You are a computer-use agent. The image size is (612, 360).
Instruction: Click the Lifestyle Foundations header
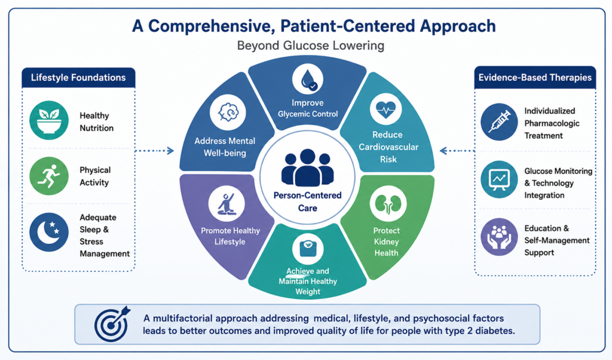point(78,77)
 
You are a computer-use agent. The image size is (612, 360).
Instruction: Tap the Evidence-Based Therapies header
point(535,77)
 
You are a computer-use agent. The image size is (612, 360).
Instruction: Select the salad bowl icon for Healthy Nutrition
point(49,120)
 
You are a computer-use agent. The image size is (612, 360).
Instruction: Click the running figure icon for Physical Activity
point(49,176)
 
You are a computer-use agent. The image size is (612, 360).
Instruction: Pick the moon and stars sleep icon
point(49,232)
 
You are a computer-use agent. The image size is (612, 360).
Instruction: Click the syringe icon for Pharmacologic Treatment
point(499,122)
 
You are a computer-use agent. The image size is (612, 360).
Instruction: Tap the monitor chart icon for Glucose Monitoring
point(499,179)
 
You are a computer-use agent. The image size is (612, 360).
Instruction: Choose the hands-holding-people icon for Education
point(499,237)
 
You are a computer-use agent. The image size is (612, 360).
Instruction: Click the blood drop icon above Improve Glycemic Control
point(308,80)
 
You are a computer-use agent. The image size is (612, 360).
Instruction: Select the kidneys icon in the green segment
point(388,203)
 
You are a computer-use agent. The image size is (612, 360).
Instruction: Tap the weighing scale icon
point(308,248)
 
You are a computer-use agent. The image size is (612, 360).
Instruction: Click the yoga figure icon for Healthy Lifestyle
point(227,203)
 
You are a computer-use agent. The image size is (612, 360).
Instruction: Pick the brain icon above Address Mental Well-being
point(228,112)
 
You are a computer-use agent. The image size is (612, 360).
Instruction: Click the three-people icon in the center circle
point(308,168)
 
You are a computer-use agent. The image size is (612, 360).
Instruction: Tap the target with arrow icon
point(112,324)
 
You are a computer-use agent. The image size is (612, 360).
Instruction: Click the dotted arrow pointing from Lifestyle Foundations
point(155,151)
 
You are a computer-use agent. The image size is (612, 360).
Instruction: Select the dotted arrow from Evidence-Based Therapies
point(457,151)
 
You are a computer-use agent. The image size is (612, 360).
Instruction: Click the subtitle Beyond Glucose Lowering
point(311,45)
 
